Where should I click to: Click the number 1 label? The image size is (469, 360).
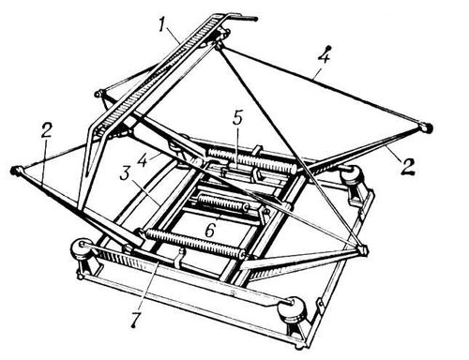(161, 25)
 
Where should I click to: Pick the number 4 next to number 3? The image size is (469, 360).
(144, 159)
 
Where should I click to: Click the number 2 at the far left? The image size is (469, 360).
(45, 132)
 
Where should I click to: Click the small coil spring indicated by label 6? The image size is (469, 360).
(222, 202)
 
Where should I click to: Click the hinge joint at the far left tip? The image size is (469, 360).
(15, 171)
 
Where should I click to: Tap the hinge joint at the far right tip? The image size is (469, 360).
(427, 127)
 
